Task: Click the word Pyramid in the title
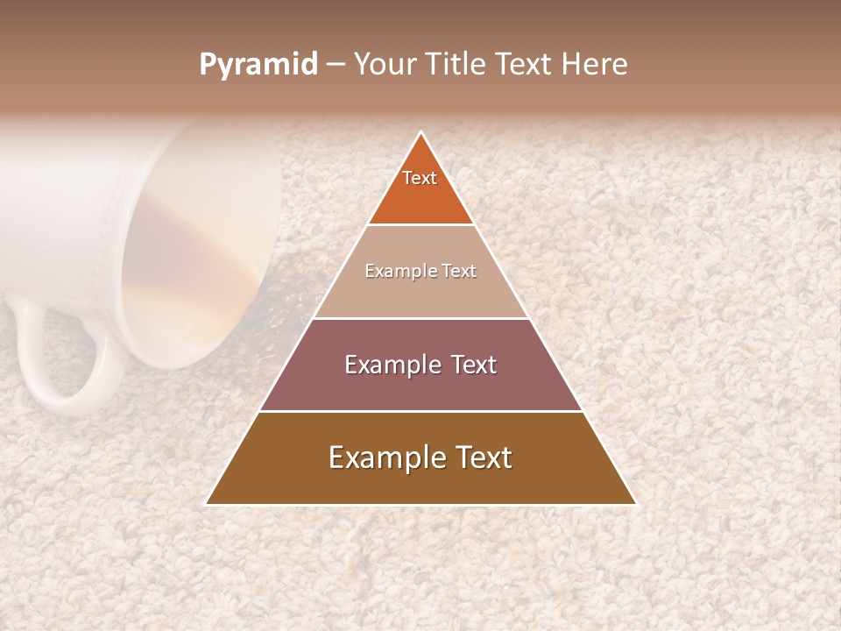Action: [x=258, y=65]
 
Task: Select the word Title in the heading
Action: [x=460, y=65]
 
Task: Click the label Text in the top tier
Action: [x=420, y=178]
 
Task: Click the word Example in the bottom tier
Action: [x=384, y=457]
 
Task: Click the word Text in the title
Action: [x=527, y=65]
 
